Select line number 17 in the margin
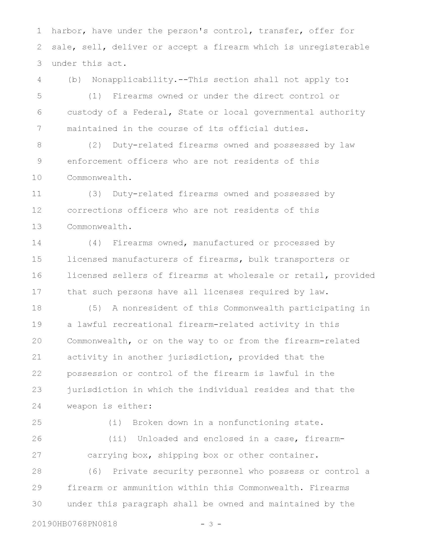click(37, 291)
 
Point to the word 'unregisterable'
click(334, 47)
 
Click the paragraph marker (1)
click(95, 96)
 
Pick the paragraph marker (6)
click(95, 471)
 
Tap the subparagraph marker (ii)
click(117, 439)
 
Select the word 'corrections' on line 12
click(95, 210)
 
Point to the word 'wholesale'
click(251, 275)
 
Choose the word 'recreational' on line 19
click(143, 324)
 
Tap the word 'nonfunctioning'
click(253, 422)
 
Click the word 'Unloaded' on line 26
click(157, 439)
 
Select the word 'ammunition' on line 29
click(148, 488)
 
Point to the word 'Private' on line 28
click(130, 471)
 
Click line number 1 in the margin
click(39, 31)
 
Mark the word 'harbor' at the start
click(67, 31)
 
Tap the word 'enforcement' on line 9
click(95, 161)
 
